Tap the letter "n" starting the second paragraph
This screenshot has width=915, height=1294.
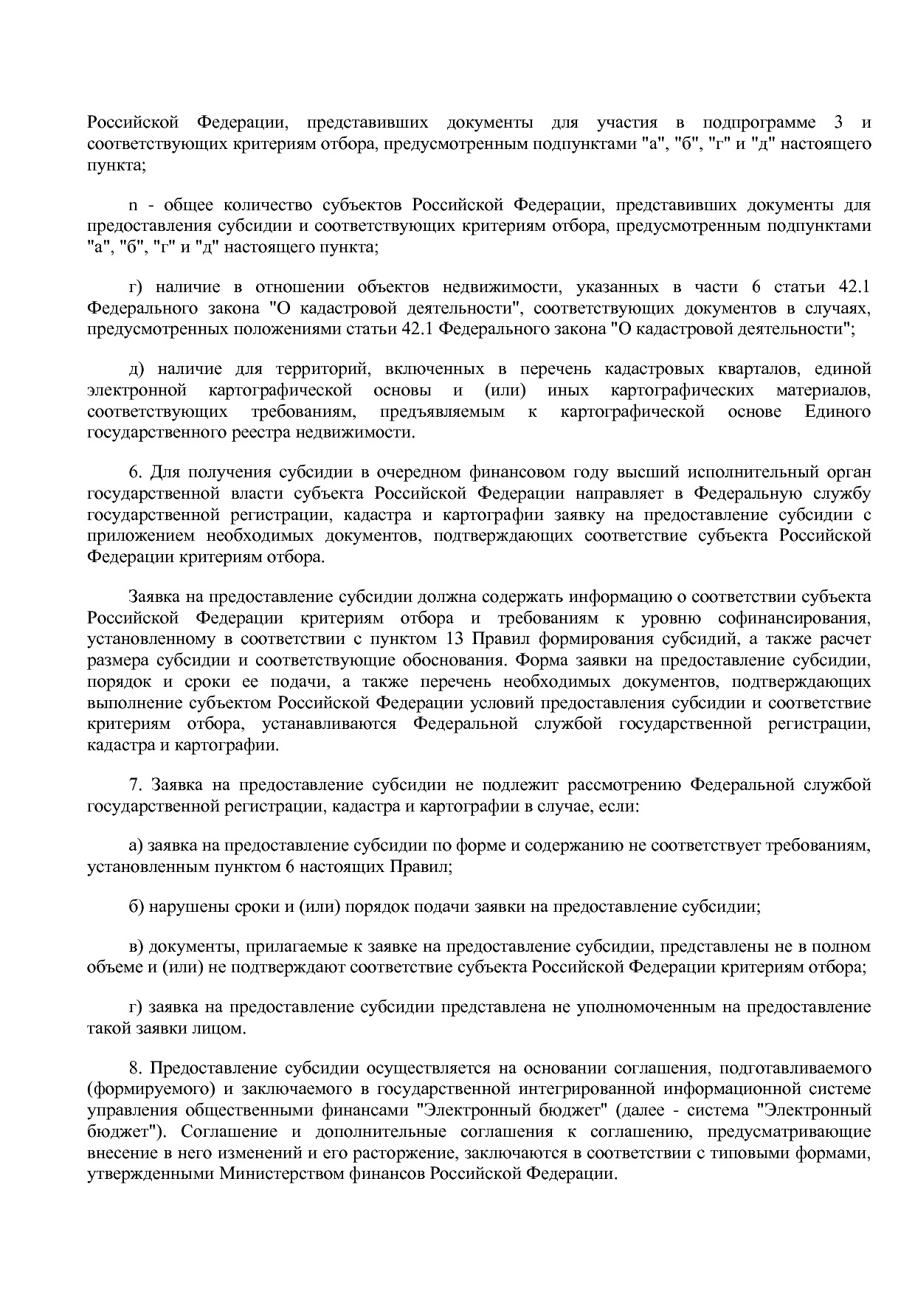(x=133, y=204)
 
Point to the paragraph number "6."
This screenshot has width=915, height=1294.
(x=135, y=472)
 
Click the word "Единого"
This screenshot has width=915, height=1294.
(x=838, y=411)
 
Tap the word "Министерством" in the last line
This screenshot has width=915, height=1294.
(x=281, y=1174)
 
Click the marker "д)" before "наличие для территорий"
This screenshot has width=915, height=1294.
(x=135, y=369)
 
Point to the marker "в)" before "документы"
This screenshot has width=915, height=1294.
(x=135, y=947)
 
